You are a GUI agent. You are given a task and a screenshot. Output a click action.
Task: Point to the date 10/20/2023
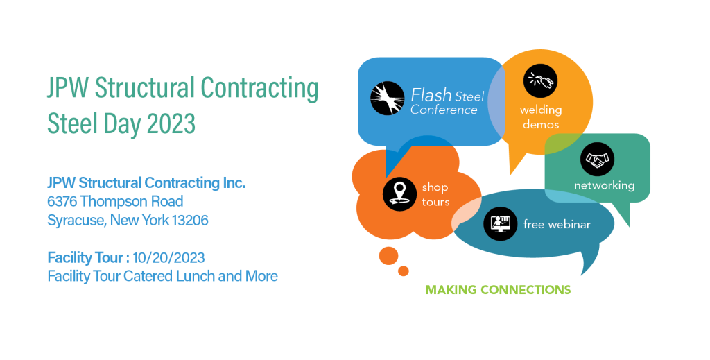[169, 257]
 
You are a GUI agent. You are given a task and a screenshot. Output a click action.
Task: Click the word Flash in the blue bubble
[431, 95]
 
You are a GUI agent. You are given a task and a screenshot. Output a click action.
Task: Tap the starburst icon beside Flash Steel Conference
[388, 98]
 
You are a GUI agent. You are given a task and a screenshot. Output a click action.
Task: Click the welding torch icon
[540, 80]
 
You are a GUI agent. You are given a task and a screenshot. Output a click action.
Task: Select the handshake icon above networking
[597, 159]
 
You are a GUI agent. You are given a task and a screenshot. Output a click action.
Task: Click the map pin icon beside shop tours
[399, 194]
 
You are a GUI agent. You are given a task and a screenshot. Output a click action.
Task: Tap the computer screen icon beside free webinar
[501, 223]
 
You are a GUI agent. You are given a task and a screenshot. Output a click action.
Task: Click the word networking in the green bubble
[605, 185]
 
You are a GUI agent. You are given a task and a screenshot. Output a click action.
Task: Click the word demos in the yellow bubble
[541, 125]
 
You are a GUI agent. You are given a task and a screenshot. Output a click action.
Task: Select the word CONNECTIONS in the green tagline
[526, 290]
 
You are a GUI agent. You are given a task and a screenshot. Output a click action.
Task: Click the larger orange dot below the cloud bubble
[388, 256]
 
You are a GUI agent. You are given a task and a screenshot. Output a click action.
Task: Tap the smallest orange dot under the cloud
[404, 271]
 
